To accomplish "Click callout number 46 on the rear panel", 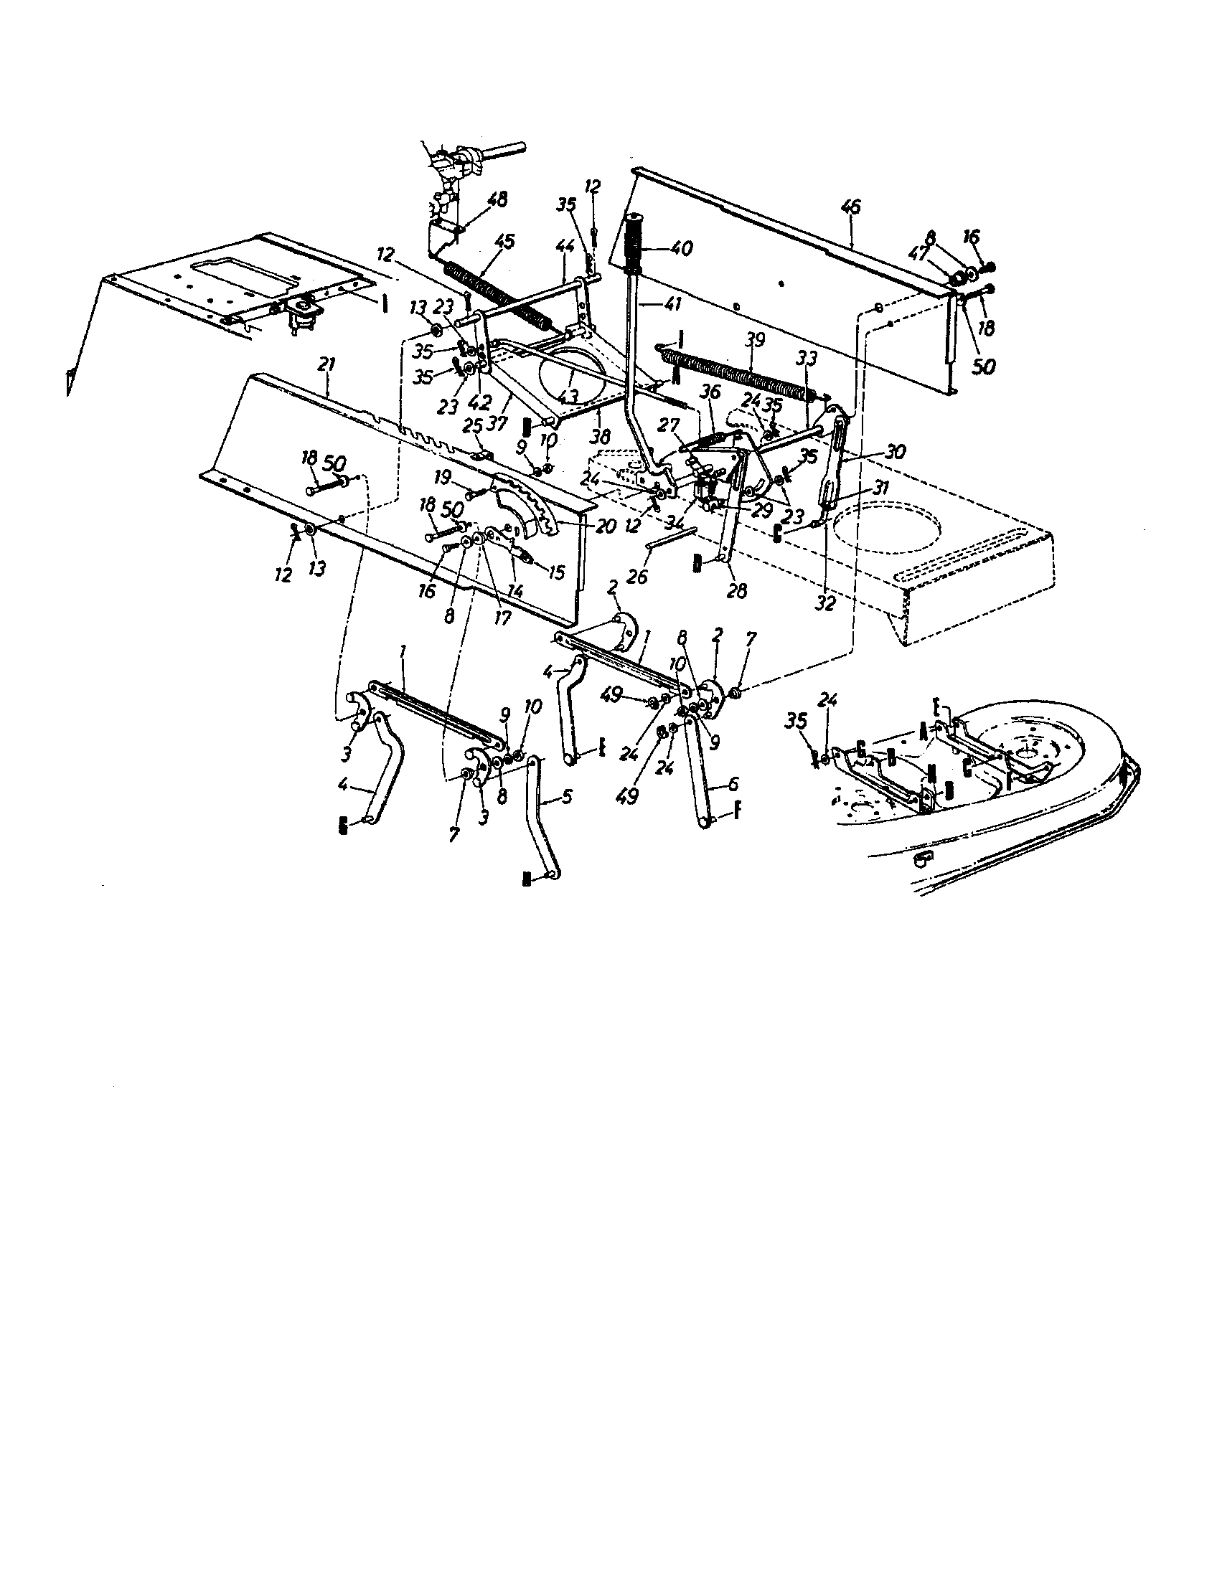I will point(852,207).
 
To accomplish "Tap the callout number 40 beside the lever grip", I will point(680,249).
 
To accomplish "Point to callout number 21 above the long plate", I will point(326,365).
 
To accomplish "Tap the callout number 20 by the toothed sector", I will point(606,525).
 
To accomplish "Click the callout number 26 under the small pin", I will point(637,576).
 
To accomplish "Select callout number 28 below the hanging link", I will point(736,590).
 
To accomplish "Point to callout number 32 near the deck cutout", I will point(824,603).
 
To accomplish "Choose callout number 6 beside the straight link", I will point(733,784).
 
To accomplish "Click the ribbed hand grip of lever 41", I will point(635,242).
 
